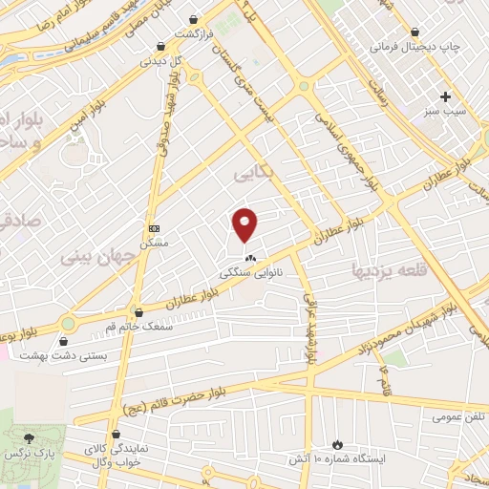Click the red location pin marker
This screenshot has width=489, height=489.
[x=246, y=225]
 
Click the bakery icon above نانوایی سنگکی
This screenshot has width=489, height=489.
[x=250, y=258]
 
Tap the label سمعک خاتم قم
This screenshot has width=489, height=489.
[x=139, y=328]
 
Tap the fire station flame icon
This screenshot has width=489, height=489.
[x=336, y=443]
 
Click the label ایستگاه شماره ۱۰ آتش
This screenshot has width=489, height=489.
[x=337, y=458]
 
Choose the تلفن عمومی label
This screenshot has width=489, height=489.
[x=455, y=417]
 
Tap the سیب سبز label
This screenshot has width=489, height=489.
[x=446, y=112]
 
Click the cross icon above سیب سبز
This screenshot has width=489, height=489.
[x=446, y=96]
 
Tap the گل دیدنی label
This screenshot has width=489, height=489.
[x=160, y=60]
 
